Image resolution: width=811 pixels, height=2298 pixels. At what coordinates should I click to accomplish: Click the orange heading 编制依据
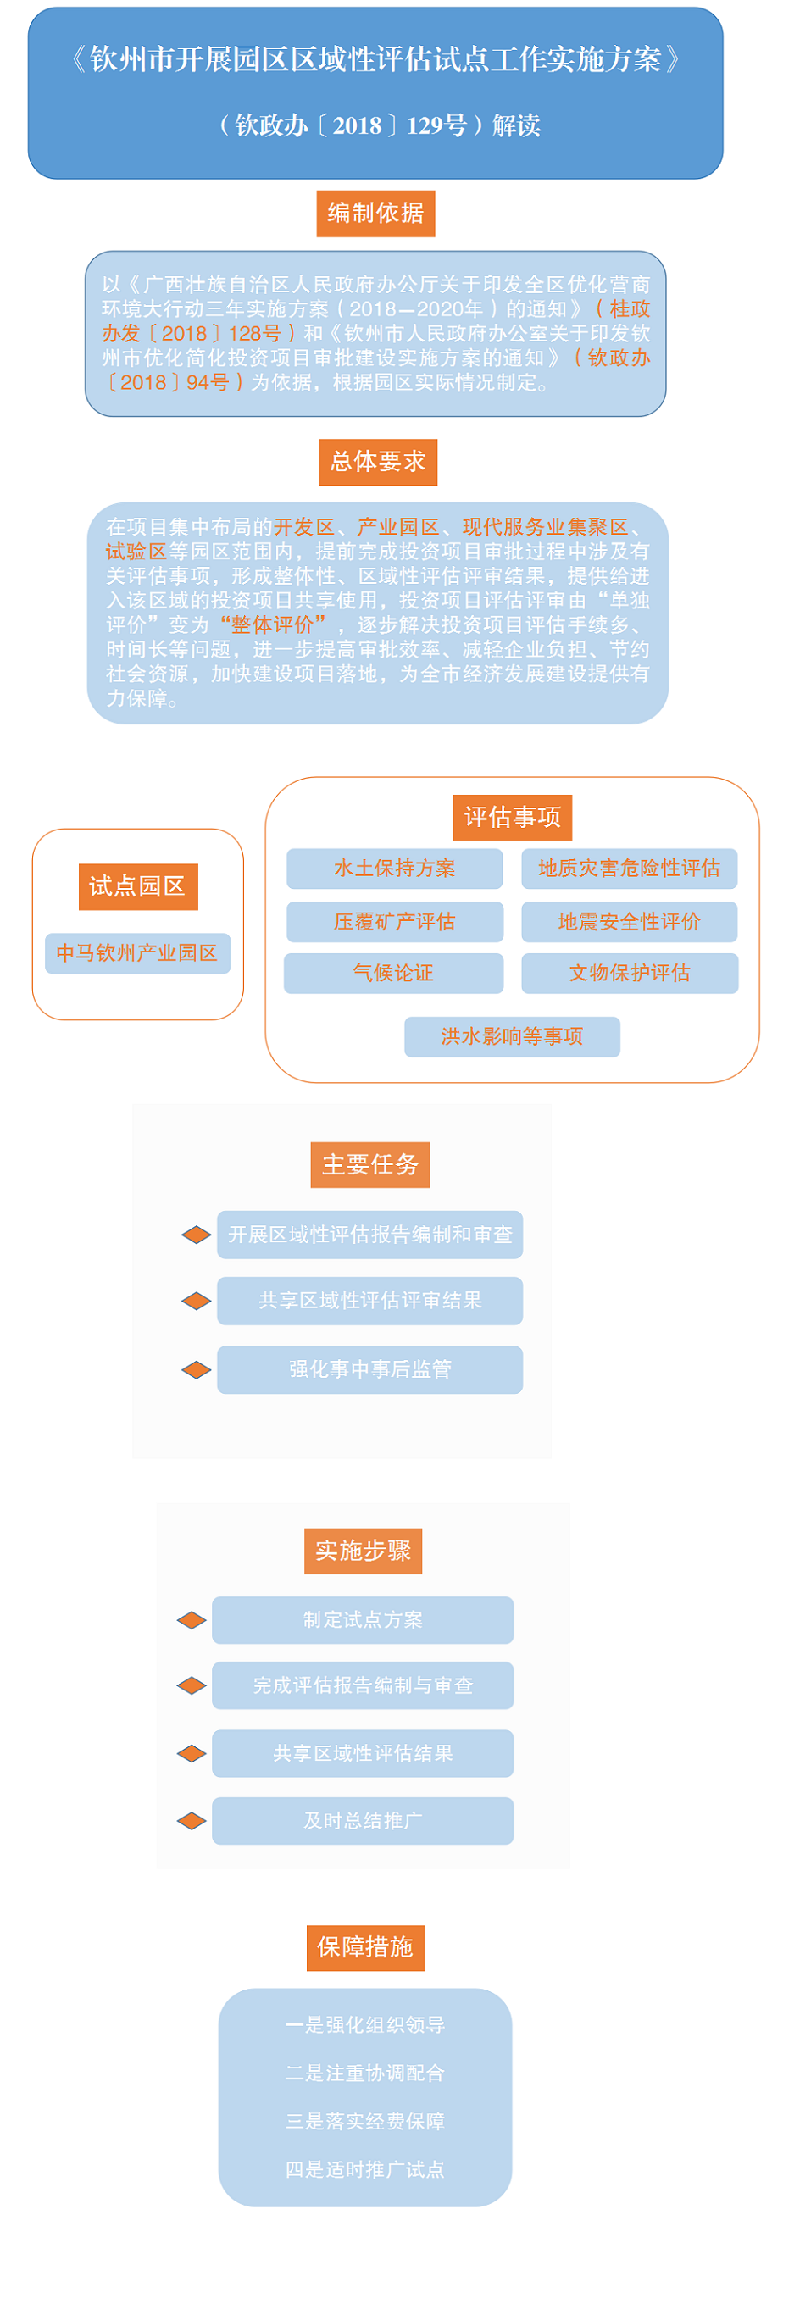(x=375, y=214)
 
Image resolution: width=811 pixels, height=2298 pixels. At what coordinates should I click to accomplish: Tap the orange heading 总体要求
(x=378, y=462)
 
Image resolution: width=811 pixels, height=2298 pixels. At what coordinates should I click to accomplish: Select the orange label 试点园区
(x=138, y=886)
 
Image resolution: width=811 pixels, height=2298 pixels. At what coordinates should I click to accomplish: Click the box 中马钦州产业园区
(x=137, y=953)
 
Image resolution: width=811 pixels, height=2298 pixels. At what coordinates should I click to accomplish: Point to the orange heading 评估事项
(x=512, y=817)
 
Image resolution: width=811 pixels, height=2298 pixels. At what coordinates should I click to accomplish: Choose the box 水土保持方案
(x=394, y=869)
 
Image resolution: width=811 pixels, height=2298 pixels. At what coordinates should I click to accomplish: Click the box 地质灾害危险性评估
(x=629, y=869)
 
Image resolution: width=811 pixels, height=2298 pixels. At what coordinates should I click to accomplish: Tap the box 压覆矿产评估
(x=394, y=922)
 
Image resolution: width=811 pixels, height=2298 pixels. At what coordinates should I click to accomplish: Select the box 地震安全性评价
(x=629, y=922)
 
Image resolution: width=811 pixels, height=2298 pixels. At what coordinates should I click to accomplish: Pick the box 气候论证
(x=393, y=974)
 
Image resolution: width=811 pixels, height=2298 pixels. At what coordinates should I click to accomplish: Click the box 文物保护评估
(x=630, y=974)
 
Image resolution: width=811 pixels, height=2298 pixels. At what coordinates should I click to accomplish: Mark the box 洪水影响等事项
(x=512, y=1036)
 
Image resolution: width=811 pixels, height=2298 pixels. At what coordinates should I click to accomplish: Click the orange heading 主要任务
(x=370, y=1165)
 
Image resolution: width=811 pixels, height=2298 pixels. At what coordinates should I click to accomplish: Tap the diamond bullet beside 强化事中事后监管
(x=197, y=1369)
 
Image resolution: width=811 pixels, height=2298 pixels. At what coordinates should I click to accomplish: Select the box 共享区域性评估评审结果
(x=369, y=1301)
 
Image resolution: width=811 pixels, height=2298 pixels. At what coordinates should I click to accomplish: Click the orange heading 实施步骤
(x=363, y=1551)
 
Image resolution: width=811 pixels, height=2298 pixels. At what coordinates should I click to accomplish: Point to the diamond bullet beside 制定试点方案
(x=192, y=1620)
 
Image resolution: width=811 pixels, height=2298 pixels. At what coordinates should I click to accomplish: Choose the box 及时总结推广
(x=363, y=1821)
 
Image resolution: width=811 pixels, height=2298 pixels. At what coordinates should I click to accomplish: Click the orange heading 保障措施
(x=365, y=1947)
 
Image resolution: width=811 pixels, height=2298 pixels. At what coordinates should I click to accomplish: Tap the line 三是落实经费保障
(x=365, y=2122)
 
